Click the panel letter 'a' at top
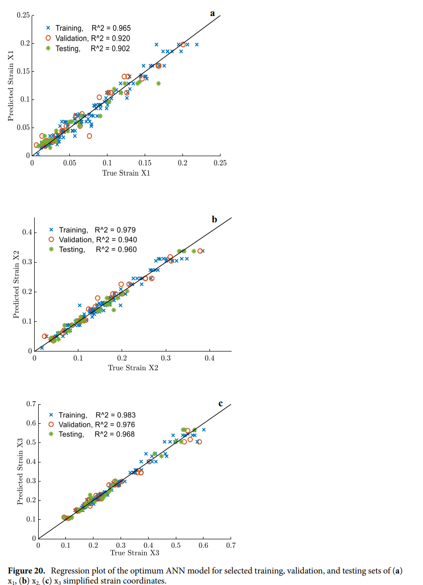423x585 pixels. click(x=213, y=14)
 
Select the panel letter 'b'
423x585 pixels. click(x=215, y=219)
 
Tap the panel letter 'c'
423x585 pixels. click(x=221, y=403)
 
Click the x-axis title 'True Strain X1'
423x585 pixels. click(x=126, y=173)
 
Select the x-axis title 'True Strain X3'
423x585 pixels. click(x=134, y=553)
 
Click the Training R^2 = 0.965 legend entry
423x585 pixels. click(x=88, y=29)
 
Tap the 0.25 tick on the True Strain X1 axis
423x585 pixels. click(x=220, y=163)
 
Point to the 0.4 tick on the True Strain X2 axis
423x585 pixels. click(x=209, y=359)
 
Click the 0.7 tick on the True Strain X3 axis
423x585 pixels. click(x=231, y=544)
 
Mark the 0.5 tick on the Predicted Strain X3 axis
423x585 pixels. click(x=30, y=442)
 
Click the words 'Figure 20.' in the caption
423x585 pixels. click(x=28, y=571)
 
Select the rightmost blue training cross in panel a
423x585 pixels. click(x=196, y=45)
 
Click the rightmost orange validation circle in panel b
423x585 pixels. click(x=200, y=251)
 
